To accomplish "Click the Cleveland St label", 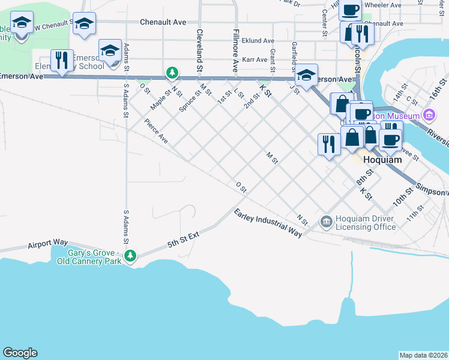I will click(199, 46).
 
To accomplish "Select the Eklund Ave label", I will click(259, 41).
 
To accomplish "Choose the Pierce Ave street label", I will click(155, 131).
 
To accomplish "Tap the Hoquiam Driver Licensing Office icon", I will click(326, 222).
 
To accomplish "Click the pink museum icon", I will click(429, 114).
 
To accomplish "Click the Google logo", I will click(20, 353).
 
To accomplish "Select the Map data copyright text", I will click(423, 355).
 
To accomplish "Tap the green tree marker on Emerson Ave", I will click(172, 73).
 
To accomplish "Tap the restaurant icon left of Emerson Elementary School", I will click(62, 60).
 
